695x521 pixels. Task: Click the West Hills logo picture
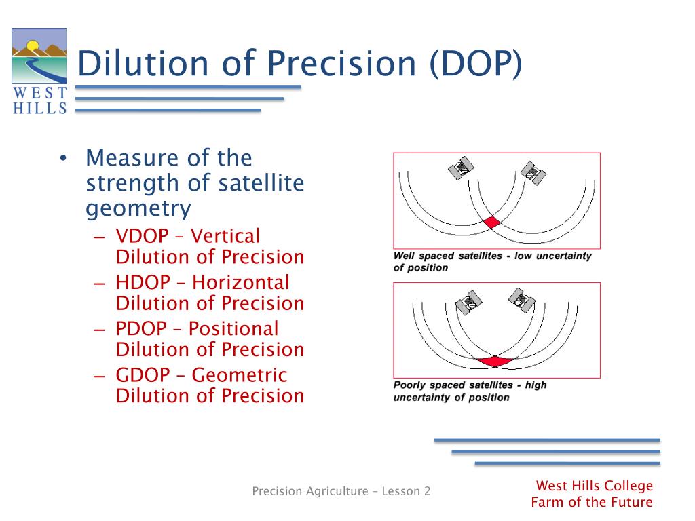pos(39,56)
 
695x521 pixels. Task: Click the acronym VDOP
pos(143,236)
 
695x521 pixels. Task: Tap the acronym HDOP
pos(143,282)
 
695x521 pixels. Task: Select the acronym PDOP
pos(141,329)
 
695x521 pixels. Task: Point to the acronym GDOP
pos(143,375)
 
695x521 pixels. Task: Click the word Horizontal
pos(241,282)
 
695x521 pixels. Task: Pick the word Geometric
pos(240,375)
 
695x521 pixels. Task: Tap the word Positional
pos(233,329)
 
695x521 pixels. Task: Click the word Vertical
pos(225,236)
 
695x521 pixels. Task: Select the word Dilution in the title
pos(143,63)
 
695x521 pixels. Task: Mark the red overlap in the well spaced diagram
pos(491,222)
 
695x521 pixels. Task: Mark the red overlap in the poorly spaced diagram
pos(494,362)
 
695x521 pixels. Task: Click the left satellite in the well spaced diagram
pos(461,168)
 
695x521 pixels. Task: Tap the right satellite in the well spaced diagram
pos(533,173)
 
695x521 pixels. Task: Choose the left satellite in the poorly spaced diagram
pos(468,303)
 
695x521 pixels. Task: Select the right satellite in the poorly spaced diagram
pos(522,301)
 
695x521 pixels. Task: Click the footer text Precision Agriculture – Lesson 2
pos(341,491)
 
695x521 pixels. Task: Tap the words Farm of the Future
pos(592,502)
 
